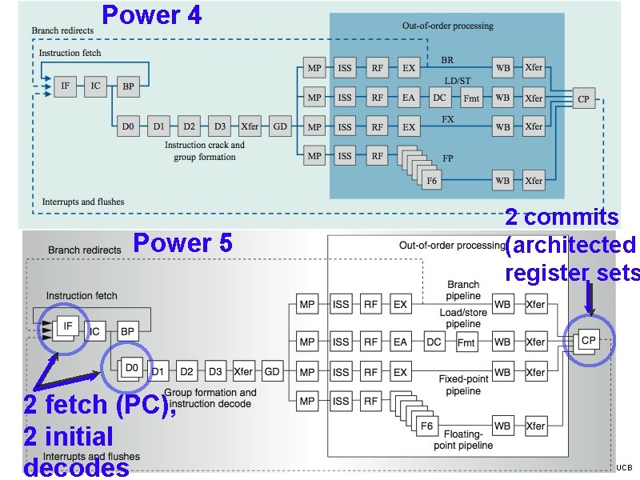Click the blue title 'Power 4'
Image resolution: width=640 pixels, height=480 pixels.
(x=152, y=14)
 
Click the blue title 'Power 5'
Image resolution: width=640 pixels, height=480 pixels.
(x=182, y=242)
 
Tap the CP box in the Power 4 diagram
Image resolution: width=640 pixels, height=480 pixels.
(x=583, y=99)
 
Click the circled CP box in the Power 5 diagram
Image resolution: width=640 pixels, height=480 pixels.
(x=589, y=341)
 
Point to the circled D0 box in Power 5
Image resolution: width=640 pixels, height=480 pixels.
(x=131, y=368)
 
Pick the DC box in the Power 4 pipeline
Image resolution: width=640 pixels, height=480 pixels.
(x=439, y=98)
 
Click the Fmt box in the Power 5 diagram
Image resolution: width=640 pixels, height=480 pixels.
(x=466, y=342)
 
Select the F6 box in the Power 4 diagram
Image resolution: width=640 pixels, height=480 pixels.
(x=431, y=181)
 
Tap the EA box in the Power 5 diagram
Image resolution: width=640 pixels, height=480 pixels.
(x=400, y=342)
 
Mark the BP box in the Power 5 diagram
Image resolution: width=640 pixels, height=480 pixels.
(x=126, y=330)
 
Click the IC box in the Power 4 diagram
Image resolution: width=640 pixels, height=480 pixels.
(x=95, y=85)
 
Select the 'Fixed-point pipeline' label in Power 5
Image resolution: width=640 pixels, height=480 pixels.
(x=464, y=385)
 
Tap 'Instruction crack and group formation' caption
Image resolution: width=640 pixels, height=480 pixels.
(x=204, y=151)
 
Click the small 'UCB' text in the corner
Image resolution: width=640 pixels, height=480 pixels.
(x=624, y=467)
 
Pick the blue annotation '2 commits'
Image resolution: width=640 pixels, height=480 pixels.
(x=562, y=217)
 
